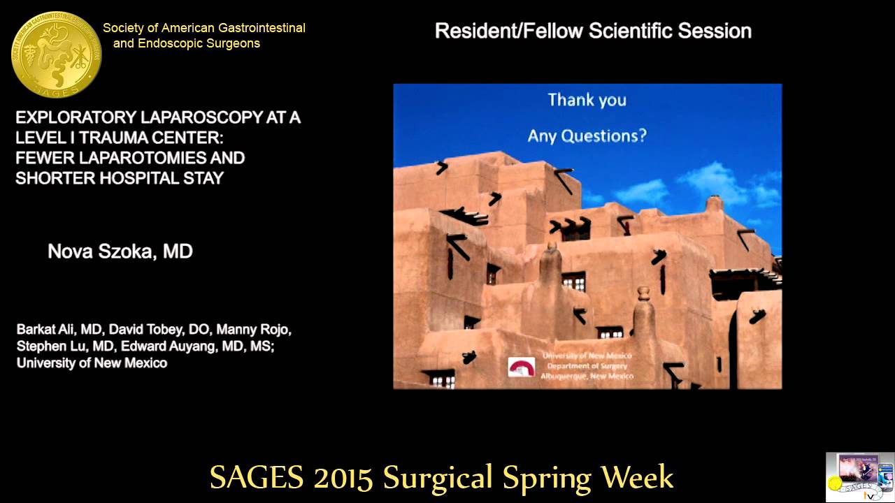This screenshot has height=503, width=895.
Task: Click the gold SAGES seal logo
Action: click(57, 54)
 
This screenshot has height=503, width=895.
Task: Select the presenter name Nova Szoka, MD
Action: click(120, 251)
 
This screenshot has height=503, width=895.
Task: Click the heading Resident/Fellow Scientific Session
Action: click(593, 31)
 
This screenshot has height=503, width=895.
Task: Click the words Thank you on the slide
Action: click(587, 100)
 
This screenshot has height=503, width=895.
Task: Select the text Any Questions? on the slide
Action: click(587, 135)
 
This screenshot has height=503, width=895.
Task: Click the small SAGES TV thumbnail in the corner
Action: click(859, 477)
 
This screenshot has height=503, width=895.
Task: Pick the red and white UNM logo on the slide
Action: click(521, 367)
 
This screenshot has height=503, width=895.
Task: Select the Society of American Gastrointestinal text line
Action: click(204, 28)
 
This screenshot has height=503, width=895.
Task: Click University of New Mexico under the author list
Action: click(92, 363)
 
